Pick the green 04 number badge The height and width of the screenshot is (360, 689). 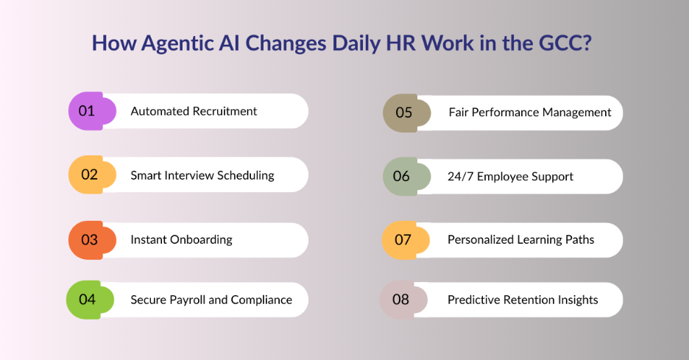89,300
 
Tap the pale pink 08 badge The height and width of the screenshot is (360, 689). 403,300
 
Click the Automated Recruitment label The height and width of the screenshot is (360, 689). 194,111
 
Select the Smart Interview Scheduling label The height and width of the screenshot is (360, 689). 202,175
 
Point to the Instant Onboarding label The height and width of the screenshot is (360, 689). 181,240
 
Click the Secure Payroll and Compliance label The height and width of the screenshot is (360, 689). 211,300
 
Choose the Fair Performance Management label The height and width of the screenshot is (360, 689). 530,113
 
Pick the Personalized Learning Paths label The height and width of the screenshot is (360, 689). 520,240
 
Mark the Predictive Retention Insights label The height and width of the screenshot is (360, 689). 523,300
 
